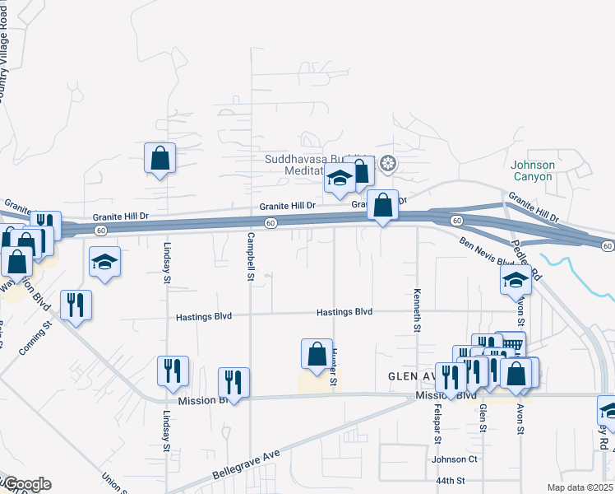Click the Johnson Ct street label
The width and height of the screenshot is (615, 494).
pos(455,459)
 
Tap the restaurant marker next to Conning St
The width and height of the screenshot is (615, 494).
pos(76,305)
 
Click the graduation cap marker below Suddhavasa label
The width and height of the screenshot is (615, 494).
pos(340,179)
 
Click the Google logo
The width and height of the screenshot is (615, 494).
pos(26,484)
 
